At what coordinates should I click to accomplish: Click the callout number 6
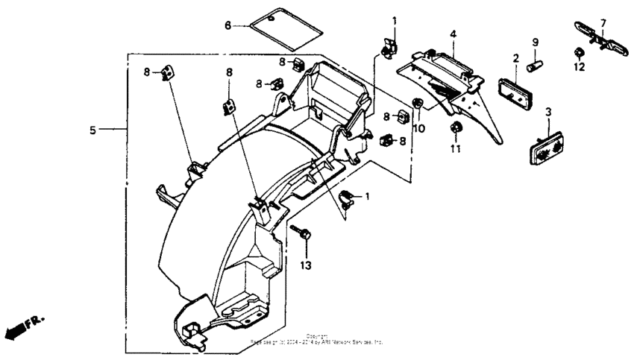point(228,25)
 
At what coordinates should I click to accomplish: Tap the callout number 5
point(93,130)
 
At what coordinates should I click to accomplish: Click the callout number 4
point(453,34)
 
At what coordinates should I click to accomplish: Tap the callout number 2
point(515,58)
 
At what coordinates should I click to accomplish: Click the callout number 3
point(548,112)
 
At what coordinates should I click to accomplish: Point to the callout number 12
point(579,66)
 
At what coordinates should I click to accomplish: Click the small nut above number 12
point(578,52)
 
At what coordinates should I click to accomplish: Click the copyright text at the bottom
point(316,339)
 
